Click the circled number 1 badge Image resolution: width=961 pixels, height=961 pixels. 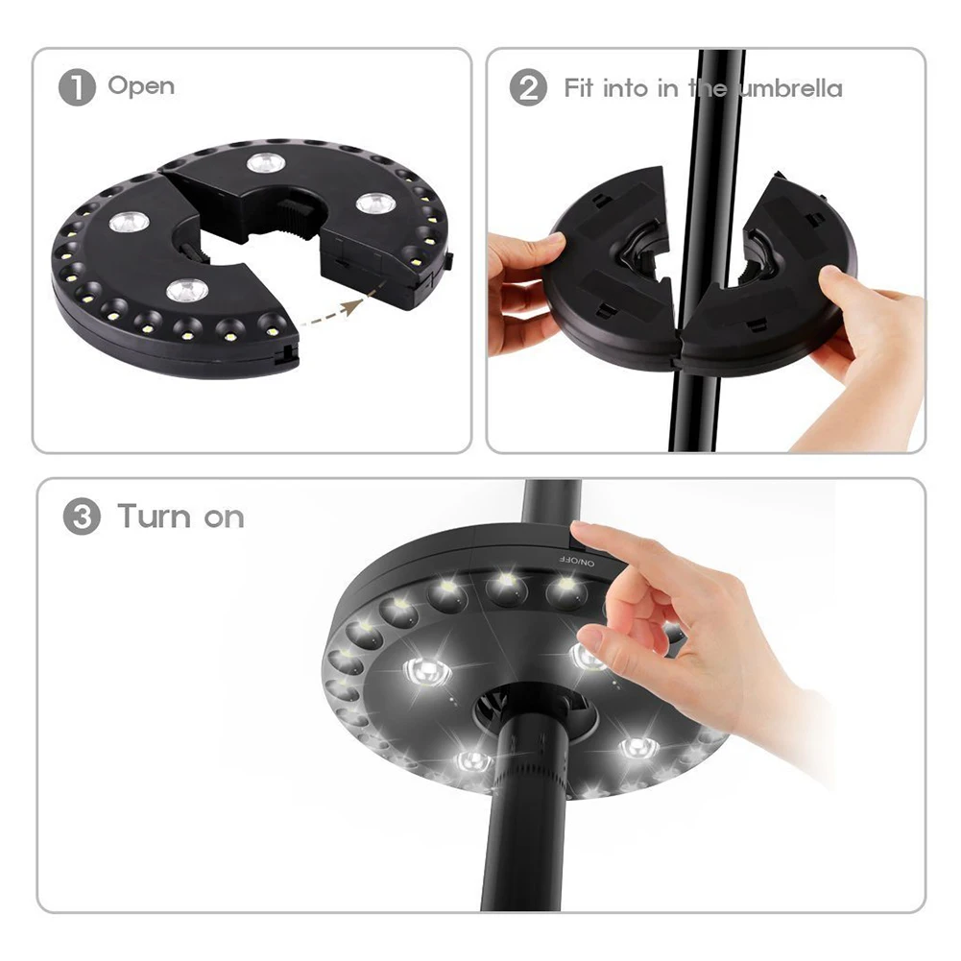(77, 88)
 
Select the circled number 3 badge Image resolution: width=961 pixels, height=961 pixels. (82, 517)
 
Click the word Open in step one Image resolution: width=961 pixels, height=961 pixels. (141, 86)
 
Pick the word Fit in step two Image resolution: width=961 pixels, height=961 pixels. (581, 89)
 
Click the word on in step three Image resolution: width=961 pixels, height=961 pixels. (224, 517)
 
